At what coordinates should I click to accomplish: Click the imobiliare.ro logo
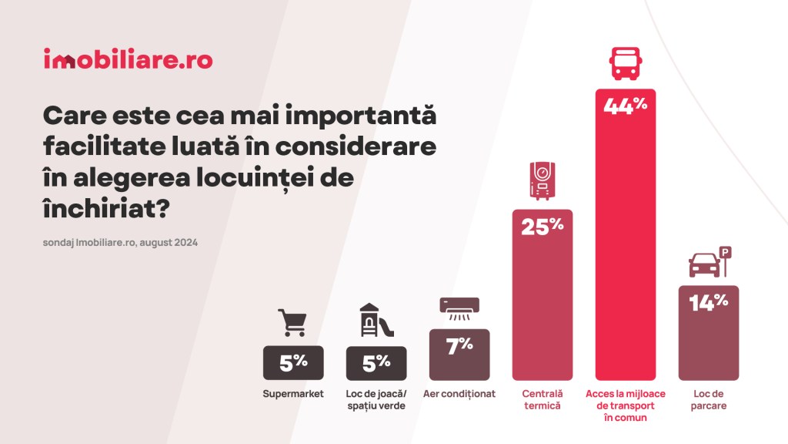click(x=128, y=59)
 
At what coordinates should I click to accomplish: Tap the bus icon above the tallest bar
click(x=626, y=64)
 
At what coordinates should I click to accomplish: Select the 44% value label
click(x=626, y=106)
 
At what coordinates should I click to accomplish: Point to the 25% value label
click(x=542, y=227)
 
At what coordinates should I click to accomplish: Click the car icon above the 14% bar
click(x=704, y=265)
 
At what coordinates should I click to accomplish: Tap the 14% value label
click(x=708, y=303)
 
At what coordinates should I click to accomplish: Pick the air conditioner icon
click(x=459, y=308)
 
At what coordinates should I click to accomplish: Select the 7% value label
click(x=459, y=346)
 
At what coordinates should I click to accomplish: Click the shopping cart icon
click(x=292, y=322)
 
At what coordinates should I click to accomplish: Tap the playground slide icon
click(x=376, y=321)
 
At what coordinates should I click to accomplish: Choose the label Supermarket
click(x=293, y=394)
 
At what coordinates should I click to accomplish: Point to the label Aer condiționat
click(x=459, y=394)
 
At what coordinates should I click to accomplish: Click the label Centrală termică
click(x=542, y=399)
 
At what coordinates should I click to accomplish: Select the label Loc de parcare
click(x=708, y=399)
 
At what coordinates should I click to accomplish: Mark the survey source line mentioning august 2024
click(x=121, y=242)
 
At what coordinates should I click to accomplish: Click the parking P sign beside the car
click(x=725, y=252)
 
